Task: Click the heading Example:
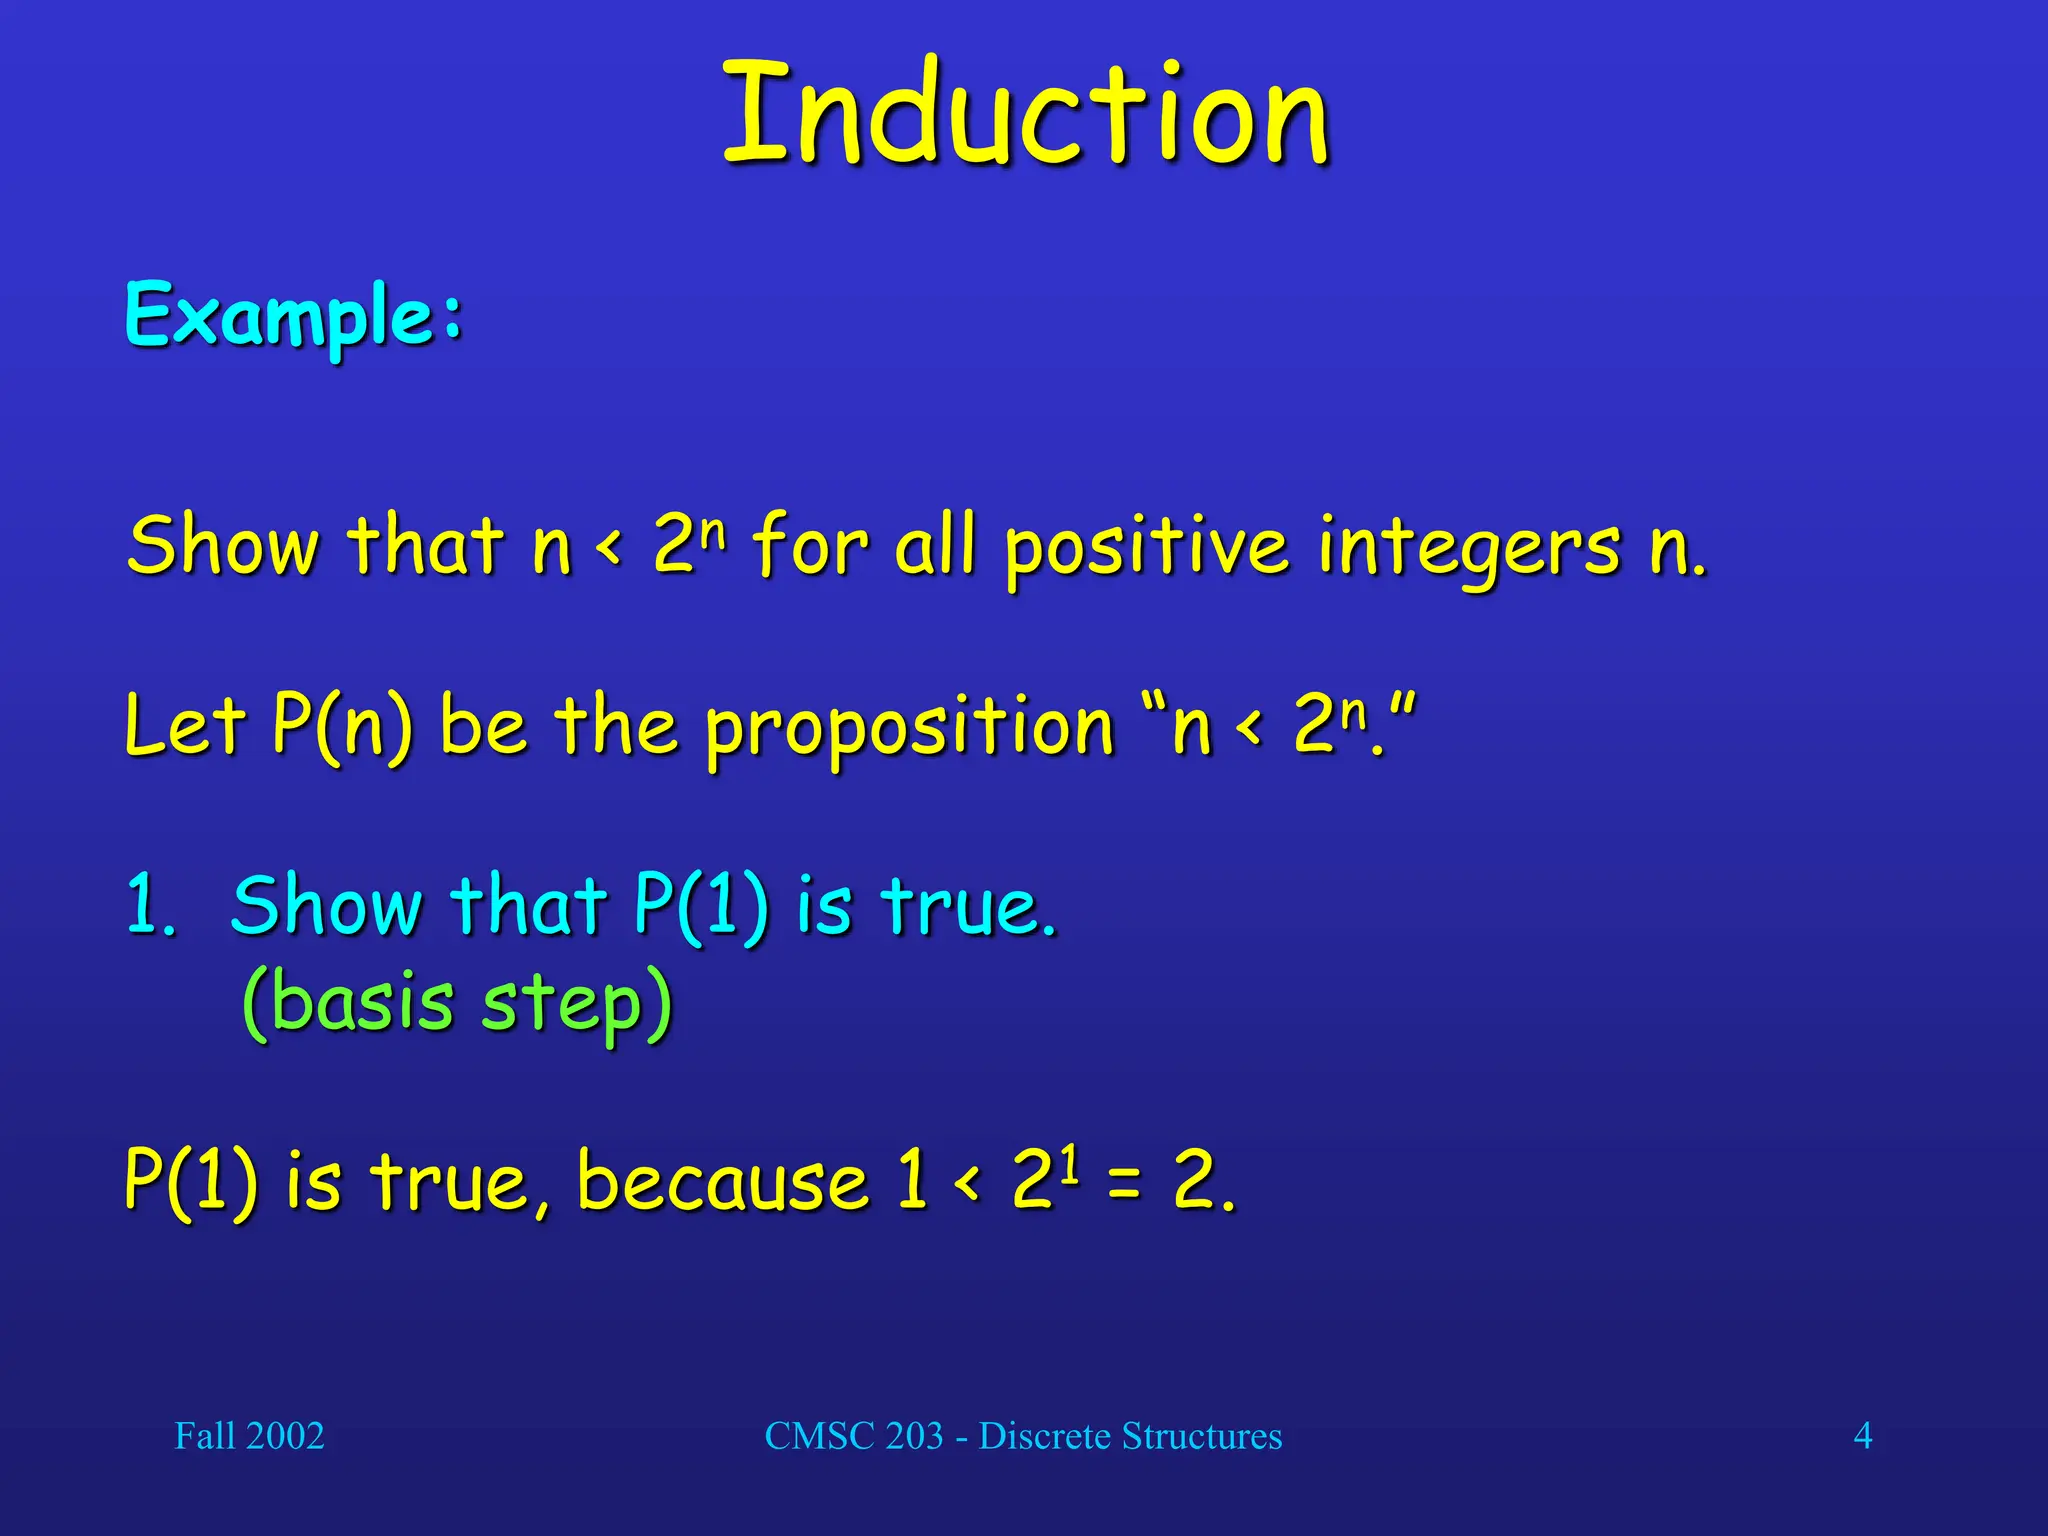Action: [x=294, y=315]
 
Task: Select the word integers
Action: [x=1468, y=548]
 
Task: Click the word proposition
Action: [x=909, y=728]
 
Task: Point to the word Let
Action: [x=184, y=724]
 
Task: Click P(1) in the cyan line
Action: [x=701, y=906]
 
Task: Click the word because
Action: [x=723, y=1182]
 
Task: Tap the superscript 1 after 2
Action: [x=1071, y=1163]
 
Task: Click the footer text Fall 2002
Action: [x=249, y=1436]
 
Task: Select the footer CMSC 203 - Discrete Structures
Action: [x=1023, y=1436]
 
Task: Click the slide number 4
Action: [x=1862, y=1436]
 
